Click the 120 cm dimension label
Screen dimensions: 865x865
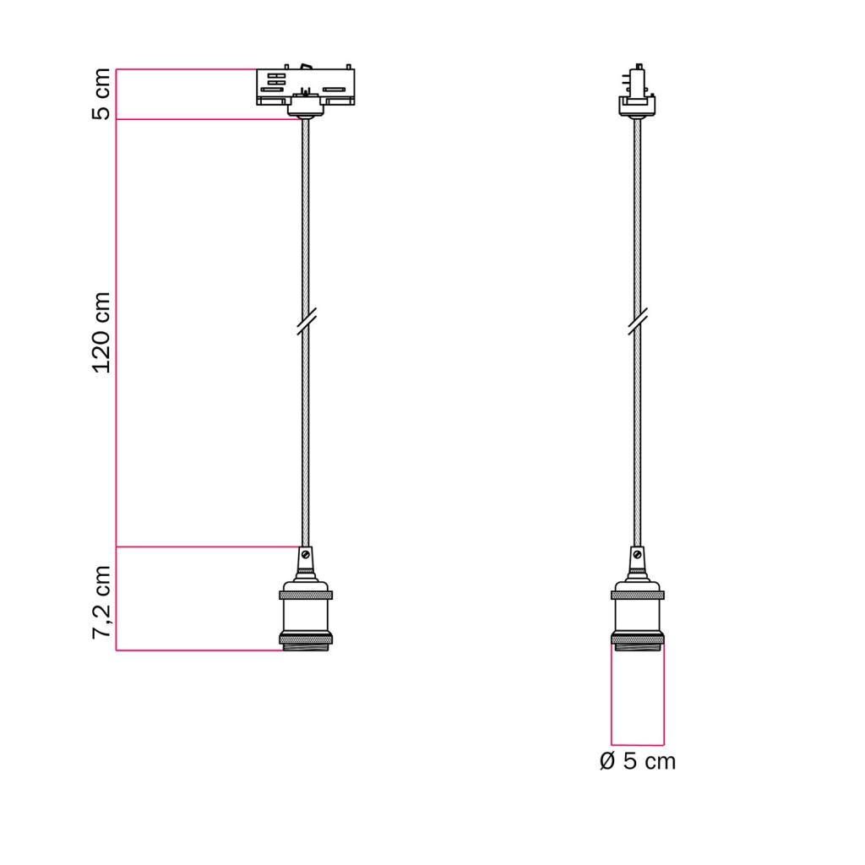(101, 333)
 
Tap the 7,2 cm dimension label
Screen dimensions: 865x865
(101, 602)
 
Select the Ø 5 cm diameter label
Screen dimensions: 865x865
(637, 761)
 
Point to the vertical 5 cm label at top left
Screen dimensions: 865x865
(101, 94)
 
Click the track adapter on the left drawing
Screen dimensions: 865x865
(306, 90)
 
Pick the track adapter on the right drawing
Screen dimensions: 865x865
(637, 90)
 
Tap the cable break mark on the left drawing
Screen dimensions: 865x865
(306, 322)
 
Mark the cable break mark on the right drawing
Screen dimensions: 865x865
(637, 322)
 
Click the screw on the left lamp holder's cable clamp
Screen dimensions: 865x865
(306, 554)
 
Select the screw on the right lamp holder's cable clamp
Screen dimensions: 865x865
(637, 554)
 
